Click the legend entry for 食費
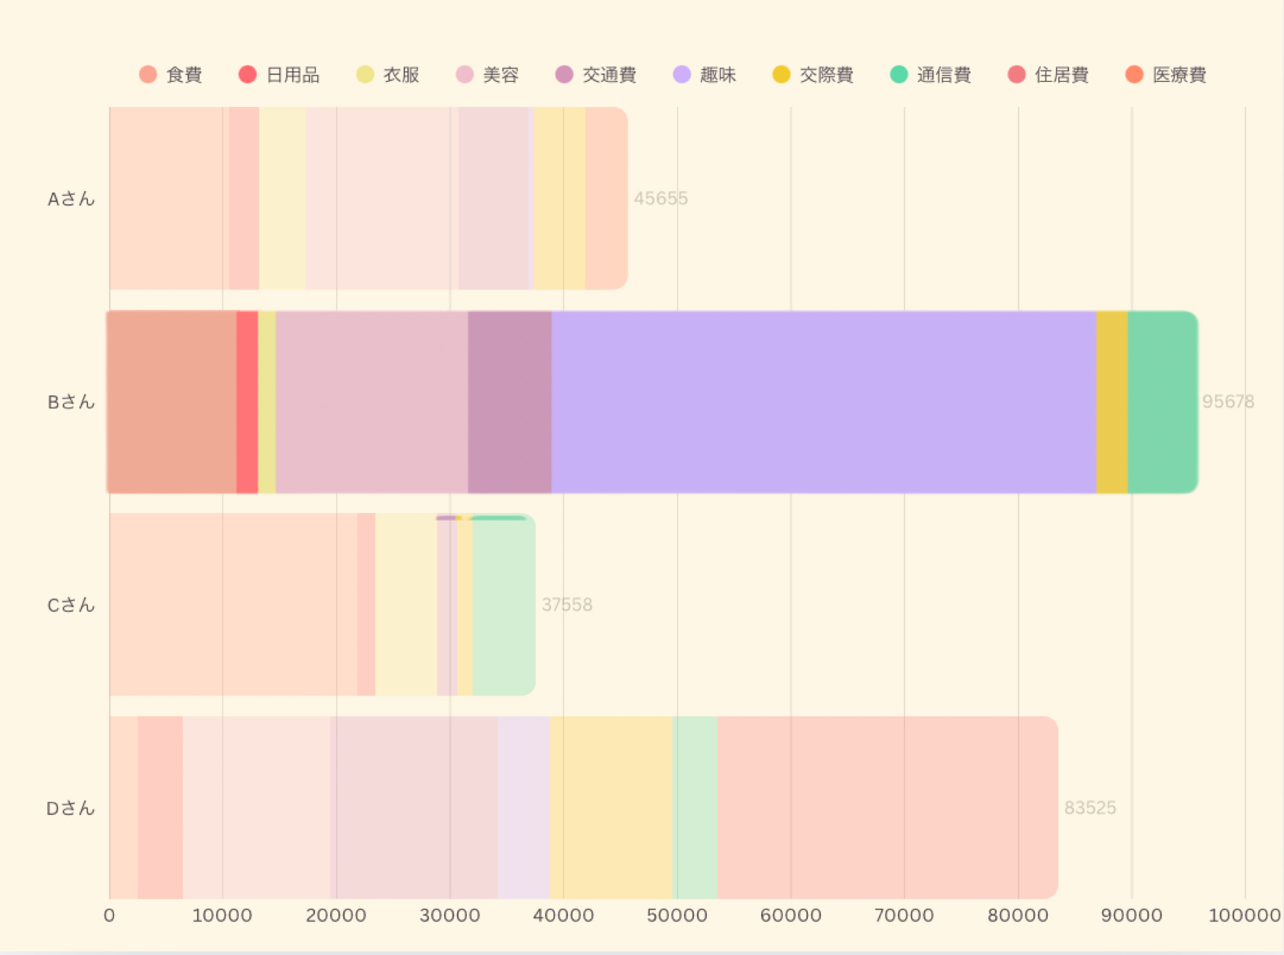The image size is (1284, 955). pos(171,75)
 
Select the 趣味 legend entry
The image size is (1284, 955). pos(705,75)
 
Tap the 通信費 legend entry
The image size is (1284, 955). pos(931,75)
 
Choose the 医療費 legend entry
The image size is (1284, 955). pos(1166,75)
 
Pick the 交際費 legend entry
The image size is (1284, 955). pos(813,75)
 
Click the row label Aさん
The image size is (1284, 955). pos(71,199)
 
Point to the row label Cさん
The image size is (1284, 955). pos(71,605)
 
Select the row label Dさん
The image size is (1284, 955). pos(71,808)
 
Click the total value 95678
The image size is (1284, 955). pos(1228,401)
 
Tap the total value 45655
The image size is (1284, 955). pos(661,199)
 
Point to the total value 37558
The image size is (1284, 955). pos(567,605)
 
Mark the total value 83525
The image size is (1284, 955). pos(1091,808)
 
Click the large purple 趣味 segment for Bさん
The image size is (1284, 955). pos(824,402)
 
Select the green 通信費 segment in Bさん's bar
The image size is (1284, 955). pos(1162,402)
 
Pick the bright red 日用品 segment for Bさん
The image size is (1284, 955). pos(247,402)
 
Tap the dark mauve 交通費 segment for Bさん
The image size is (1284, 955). pos(510,402)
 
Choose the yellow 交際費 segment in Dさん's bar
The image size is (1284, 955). pos(611,807)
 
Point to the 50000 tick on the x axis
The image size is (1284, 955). pos(677,915)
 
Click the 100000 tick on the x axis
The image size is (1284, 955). pos(1244,915)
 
